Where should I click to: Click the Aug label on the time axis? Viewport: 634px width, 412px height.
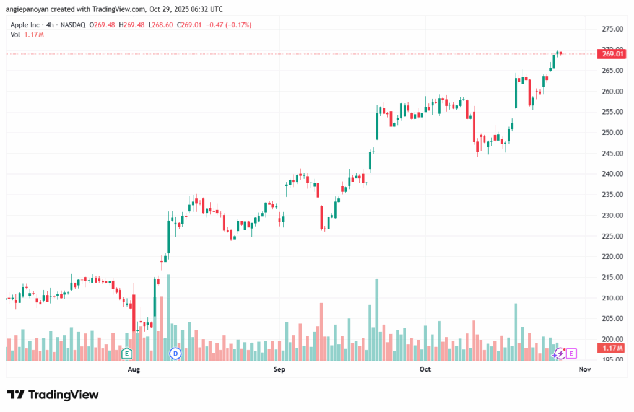pos(133,370)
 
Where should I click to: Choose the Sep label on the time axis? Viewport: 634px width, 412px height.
pos(279,370)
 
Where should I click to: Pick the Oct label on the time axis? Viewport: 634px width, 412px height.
pos(425,370)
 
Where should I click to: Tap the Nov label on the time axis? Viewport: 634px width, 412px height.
pos(584,370)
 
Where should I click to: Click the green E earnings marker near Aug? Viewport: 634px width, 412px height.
pos(127,354)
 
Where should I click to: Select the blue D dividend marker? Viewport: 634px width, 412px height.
pos(175,354)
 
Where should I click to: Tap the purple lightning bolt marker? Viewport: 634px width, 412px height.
pos(560,353)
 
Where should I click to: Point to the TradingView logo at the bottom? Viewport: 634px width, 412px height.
pos(53,395)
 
